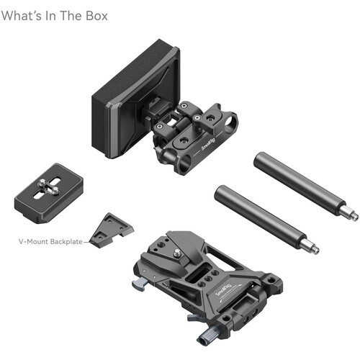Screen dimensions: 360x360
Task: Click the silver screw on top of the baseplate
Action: (x=178, y=251)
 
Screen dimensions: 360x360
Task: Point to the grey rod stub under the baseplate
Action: (x=213, y=333)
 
